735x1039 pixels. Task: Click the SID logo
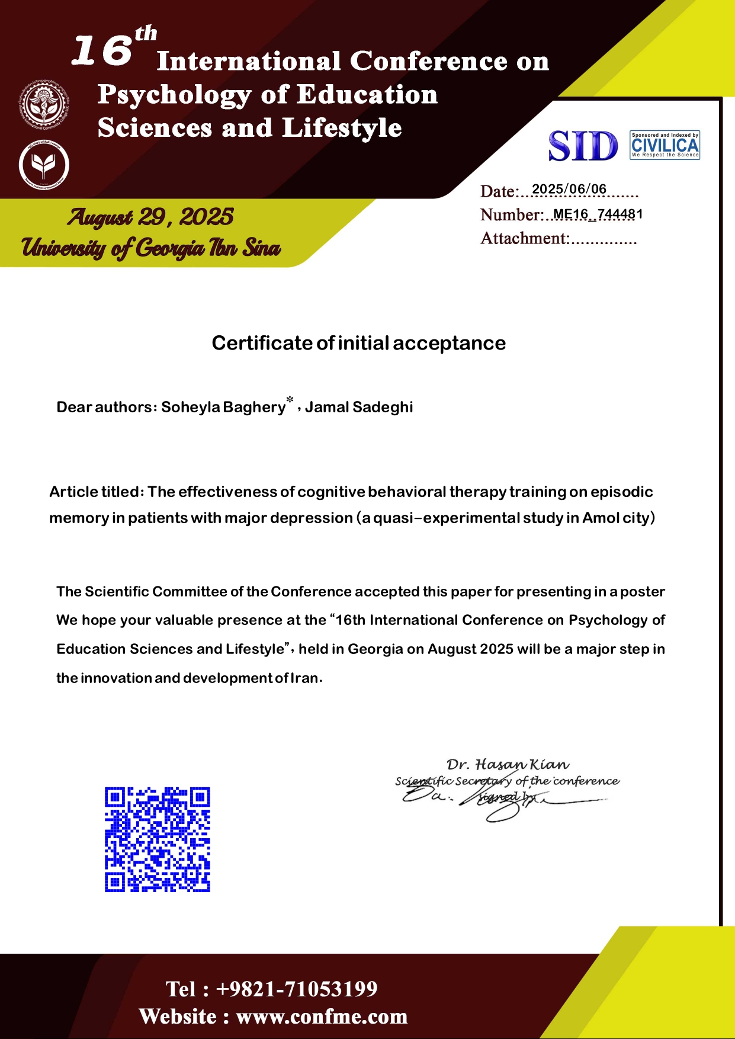[583, 146]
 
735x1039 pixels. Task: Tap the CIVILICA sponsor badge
[665, 145]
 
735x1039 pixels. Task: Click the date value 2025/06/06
[569, 189]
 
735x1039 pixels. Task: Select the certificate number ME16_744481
[598, 214]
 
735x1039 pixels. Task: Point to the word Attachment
[524, 238]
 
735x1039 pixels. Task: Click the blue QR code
[158, 839]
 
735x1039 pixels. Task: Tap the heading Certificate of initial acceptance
[358, 343]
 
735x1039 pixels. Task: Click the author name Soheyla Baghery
[223, 407]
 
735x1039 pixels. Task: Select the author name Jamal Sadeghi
[359, 407]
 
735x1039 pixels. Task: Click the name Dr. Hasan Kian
[508, 765]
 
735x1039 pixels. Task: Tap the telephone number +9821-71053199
[296, 989]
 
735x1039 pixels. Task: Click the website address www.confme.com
[322, 1016]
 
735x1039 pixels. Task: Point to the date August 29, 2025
[150, 217]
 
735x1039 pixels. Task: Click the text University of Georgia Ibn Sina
[150, 248]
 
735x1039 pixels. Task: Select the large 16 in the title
[101, 50]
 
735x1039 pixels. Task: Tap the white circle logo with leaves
[44, 165]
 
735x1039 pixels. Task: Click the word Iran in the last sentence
[304, 678]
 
